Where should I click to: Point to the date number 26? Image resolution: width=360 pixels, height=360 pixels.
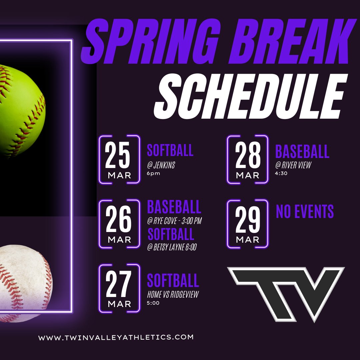click(119, 220)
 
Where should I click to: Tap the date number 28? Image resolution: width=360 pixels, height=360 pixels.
click(248, 156)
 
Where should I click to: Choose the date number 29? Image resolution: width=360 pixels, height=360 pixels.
click(248, 220)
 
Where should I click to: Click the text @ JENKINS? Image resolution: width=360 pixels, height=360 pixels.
click(161, 165)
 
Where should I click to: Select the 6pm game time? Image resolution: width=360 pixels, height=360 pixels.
click(153, 173)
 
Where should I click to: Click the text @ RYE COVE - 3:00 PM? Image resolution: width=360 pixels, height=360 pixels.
click(175, 221)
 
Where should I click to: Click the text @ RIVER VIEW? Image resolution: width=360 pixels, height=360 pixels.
click(293, 165)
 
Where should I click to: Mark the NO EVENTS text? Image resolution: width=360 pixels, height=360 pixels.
click(305, 212)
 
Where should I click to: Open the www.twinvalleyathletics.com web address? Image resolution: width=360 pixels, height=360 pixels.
click(116, 337)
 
